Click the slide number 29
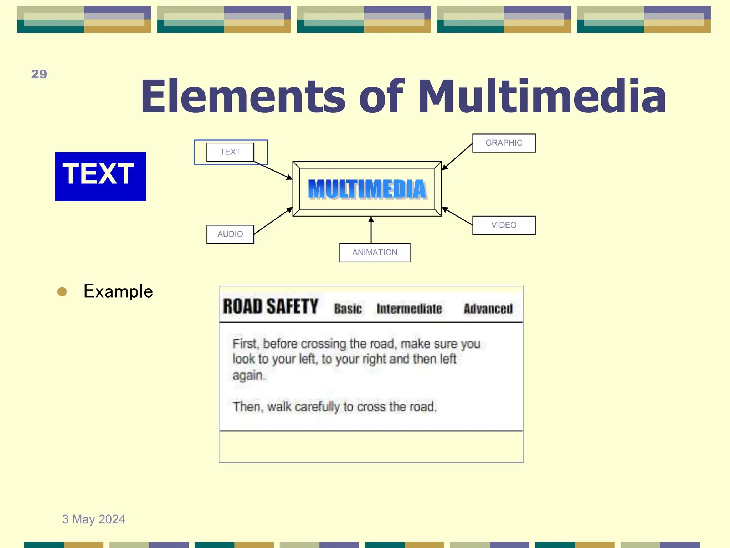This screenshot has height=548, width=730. point(39,74)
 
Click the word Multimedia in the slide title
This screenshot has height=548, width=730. point(542,96)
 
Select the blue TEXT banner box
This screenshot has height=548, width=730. point(100,176)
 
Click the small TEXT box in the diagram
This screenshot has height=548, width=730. point(230,152)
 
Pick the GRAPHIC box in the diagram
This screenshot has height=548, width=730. point(504,143)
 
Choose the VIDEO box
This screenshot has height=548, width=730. point(504,225)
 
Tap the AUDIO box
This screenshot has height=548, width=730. point(230,234)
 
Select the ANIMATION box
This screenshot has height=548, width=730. point(375,253)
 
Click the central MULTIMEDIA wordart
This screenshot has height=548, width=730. point(367,189)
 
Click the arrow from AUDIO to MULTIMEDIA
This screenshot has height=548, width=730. point(273,221)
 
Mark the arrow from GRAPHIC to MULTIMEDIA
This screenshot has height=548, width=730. point(457,157)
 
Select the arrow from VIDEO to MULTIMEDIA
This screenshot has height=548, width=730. point(457,216)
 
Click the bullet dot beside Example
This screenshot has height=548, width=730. point(62,292)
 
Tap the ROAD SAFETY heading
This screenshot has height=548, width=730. point(271,306)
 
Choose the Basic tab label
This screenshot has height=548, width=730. point(348,309)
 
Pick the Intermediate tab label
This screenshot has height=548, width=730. point(409,309)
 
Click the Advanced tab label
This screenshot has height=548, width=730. point(488,309)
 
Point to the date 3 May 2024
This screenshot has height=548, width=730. point(94,519)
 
